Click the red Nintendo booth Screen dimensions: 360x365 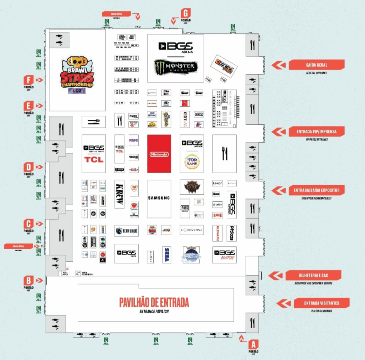point(159,154)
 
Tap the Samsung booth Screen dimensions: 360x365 point(159,198)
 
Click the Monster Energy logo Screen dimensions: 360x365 point(175,66)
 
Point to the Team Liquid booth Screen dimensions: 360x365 point(126,231)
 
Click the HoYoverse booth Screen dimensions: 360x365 point(191,230)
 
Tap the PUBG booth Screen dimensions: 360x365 point(185,208)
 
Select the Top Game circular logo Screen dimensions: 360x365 point(192,161)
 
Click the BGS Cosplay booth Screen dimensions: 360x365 point(225,254)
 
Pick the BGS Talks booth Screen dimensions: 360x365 point(126,253)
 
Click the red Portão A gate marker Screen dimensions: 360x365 point(253,344)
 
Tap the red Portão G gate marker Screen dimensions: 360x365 point(185,13)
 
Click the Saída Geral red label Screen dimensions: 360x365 point(316,65)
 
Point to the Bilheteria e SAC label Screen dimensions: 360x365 point(313,275)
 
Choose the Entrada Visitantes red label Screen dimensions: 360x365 point(321,303)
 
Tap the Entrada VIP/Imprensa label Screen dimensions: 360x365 point(316,132)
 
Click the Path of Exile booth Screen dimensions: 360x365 point(192,187)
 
